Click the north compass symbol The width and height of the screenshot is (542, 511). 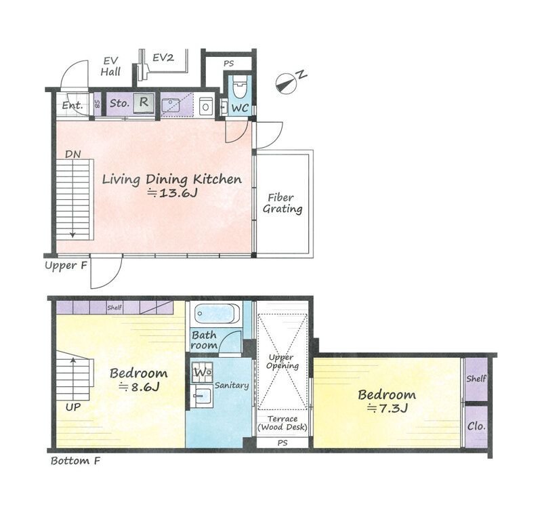pyautogui.click(x=290, y=81)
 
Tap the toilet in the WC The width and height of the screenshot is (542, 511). pyautogui.click(x=240, y=87)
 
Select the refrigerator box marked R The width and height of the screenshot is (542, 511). pyautogui.click(x=143, y=103)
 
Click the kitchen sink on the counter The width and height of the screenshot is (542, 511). pyautogui.click(x=171, y=105)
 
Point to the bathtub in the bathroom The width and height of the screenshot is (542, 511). pyautogui.click(x=216, y=314)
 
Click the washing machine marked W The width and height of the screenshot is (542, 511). pyautogui.click(x=202, y=372)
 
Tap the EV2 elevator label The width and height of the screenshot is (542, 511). pyautogui.click(x=163, y=58)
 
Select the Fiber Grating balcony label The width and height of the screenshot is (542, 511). pyautogui.click(x=283, y=203)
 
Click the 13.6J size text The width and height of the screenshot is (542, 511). pyautogui.click(x=173, y=192)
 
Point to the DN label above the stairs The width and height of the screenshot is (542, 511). pyautogui.click(x=73, y=155)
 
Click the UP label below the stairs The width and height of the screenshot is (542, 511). pyautogui.click(x=73, y=407)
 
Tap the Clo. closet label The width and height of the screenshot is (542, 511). pyautogui.click(x=476, y=426)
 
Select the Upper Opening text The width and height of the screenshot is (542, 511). pyautogui.click(x=283, y=361)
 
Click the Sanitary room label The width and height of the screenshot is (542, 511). pyautogui.click(x=232, y=385)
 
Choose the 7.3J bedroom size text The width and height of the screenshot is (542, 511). pyautogui.click(x=388, y=409)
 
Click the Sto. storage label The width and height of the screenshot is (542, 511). pyautogui.click(x=119, y=103)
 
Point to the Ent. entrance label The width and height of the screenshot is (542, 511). pyautogui.click(x=72, y=105)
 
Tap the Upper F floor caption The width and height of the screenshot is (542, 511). pyautogui.click(x=66, y=266)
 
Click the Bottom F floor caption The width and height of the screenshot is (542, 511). pyautogui.click(x=75, y=461)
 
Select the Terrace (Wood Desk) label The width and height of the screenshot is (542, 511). pyautogui.click(x=283, y=423)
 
